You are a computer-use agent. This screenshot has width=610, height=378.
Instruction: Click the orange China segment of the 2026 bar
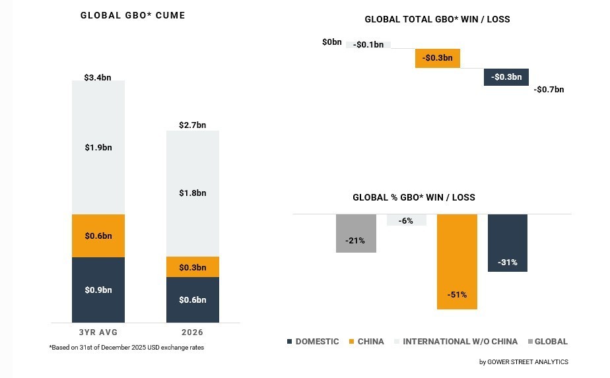[x=192, y=267]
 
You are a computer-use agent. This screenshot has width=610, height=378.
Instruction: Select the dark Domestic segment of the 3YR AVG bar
[x=98, y=290]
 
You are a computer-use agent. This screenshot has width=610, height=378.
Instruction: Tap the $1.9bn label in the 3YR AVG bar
[x=98, y=147]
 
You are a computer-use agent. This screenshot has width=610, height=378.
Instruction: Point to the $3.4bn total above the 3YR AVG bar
[x=98, y=77]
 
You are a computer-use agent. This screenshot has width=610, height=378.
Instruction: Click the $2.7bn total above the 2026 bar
[x=192, y=125]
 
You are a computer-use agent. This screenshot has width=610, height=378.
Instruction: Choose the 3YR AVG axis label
[x=98, y=332]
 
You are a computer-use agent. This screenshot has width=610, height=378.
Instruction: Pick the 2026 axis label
[x=192, y=332]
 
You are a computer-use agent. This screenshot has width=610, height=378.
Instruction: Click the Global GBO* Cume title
[x=133, y=15]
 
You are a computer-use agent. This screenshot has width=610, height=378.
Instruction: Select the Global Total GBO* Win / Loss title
[x=437, y=19]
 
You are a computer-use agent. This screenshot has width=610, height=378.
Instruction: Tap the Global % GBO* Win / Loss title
[x=414, y=197]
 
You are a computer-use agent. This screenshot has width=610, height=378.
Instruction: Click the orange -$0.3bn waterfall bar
[x=438, y=58]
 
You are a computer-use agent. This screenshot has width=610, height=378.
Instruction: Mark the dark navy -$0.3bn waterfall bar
[x=506, y=77]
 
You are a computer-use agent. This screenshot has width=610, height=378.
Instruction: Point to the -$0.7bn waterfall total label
[x=549, y=89]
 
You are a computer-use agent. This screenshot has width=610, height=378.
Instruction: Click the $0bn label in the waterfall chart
[x=332, y=42]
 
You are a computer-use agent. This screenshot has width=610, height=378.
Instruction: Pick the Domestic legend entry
[x=313, y=342]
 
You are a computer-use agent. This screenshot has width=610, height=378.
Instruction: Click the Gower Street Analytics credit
[x=524, y=362]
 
